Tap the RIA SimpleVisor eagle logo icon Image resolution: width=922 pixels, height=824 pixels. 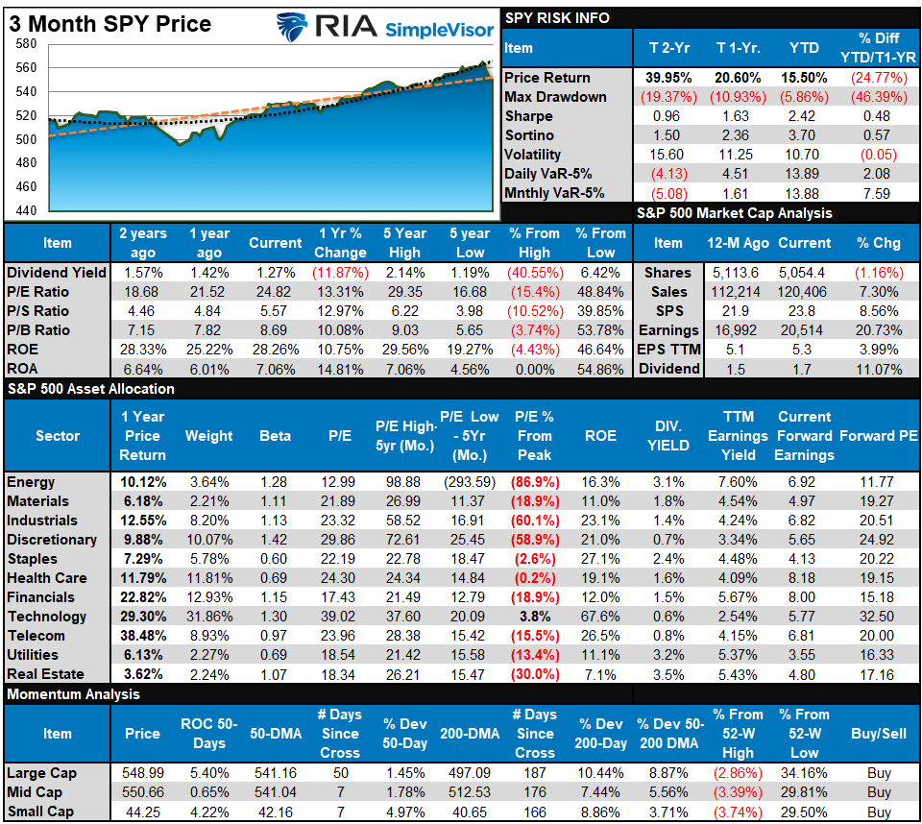pos(292,27)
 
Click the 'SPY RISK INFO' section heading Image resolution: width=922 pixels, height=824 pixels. pos(557,17)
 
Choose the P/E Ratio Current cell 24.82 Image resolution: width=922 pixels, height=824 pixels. pos(276,291)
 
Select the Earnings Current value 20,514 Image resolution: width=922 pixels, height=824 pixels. pos(804,329)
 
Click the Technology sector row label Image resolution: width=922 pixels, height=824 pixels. pos(46,617)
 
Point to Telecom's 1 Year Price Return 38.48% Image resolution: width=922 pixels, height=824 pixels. pos(142,636)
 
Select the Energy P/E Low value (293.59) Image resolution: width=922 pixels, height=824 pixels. pos(470,482)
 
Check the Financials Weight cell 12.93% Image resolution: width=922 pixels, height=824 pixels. pos(208,597)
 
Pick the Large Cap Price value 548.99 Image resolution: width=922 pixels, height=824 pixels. pos(142,773)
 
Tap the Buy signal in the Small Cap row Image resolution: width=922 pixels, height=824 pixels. pos(878,812)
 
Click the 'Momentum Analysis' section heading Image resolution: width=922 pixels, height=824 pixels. pos(73,694)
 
